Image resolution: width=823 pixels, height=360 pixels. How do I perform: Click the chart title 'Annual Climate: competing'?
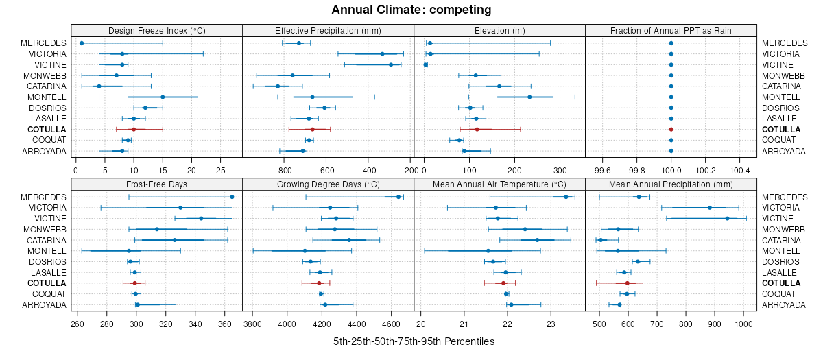tap(411, 10)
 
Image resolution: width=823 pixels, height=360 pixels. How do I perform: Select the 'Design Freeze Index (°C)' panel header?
tap(157, 30)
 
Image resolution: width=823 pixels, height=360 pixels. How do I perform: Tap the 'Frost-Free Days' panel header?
tap(157, 184)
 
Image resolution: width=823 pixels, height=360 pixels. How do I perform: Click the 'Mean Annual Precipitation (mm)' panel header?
tap(671, 184)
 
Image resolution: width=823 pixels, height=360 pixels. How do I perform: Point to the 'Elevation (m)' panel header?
tap(499, 30)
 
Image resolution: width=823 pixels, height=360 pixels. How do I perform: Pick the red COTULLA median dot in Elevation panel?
tap(477, 129)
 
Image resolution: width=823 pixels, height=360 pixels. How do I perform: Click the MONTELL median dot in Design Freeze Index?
tap(163, 97)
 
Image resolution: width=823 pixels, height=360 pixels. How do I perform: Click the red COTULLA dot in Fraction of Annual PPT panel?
tap(671, 129)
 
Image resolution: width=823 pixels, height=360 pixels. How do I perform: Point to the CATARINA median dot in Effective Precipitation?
tap(278, 86)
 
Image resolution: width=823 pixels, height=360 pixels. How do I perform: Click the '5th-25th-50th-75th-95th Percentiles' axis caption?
tap(414, 341)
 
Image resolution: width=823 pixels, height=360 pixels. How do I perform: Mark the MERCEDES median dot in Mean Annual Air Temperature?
tap(566, 197)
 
